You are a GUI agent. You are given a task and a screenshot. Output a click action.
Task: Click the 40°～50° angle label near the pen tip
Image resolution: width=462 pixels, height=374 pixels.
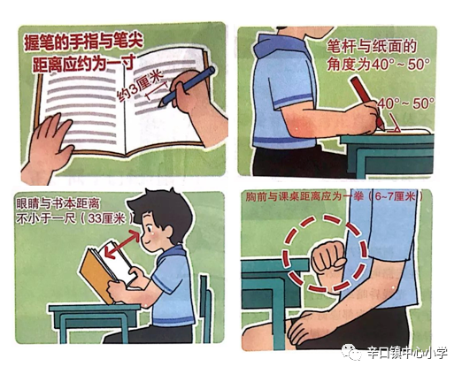point(405,103)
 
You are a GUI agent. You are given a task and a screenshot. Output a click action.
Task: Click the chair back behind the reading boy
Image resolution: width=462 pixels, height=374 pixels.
point(205,301)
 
